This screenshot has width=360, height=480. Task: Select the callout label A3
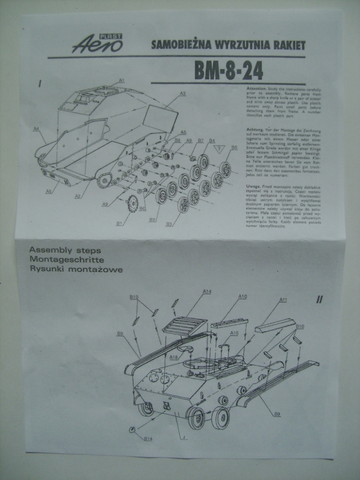pos(182,93)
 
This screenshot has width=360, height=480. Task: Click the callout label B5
pos(234,147)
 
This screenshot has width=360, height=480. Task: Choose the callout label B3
pos(169,224)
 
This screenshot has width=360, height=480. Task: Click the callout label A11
pos(283,300)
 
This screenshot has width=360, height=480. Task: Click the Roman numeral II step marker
pos(319,299)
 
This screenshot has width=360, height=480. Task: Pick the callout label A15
pos(234,333)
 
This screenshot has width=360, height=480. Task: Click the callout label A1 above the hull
pos(121,80)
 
